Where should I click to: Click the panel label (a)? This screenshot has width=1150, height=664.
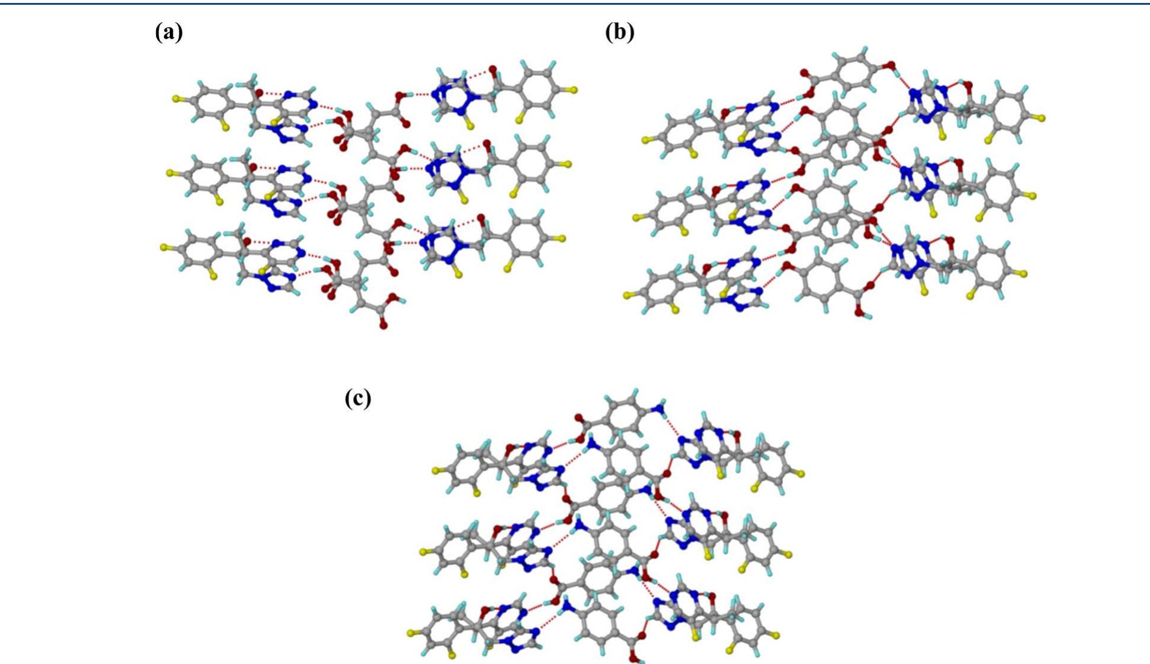[x=169, y=32]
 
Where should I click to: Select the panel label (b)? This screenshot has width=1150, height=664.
[x=619, y=32]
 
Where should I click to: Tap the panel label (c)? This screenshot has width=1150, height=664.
[x=358, y=398]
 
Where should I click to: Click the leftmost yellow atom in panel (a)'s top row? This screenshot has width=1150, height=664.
[x=176, y=99]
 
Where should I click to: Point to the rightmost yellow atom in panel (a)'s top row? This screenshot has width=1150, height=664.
[x=574, y=90]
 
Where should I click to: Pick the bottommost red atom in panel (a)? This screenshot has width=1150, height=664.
[x=384, y=325]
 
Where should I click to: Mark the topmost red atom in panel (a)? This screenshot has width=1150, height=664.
[x=492, y=70]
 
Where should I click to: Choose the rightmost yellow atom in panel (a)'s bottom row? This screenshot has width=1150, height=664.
[x=562, y=239]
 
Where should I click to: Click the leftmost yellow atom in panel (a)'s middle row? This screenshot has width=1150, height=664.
[x=170, y=173]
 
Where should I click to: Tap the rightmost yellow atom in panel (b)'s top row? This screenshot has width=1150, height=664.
[x=1043, y=118]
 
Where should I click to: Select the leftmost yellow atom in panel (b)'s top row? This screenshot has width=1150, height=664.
[x=645, y=140]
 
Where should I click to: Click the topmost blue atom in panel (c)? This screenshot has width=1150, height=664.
[x=658, y=408]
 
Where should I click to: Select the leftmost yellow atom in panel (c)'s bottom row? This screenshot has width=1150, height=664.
[x=411, y=633]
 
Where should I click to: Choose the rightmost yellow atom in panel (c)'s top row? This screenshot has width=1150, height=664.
[x=801, y=473]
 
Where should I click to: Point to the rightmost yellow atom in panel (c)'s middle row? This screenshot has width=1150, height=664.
[x=788, y=555]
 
